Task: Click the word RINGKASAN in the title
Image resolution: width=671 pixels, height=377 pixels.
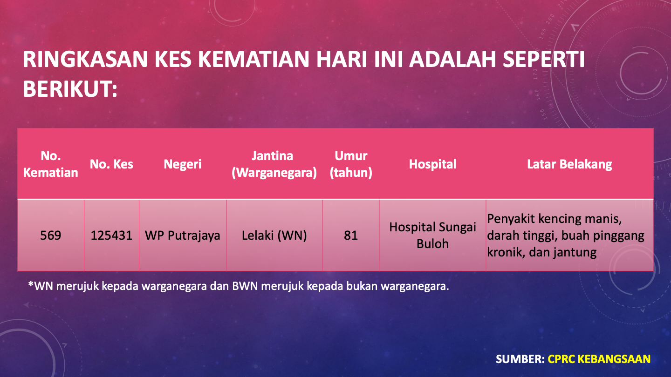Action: click(85, 59)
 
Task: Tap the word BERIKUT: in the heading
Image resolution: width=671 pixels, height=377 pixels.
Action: click(70, 89)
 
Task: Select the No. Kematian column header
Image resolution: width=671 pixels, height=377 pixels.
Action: click(51, 164)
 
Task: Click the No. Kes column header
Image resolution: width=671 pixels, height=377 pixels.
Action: click(111, 164)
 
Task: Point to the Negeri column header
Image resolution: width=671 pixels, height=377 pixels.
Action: click(183, 164)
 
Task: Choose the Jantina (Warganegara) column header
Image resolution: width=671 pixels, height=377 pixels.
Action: click(274, 164)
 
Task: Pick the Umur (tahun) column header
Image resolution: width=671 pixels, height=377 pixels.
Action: click(351, 164)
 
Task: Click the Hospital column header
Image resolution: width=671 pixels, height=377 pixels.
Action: click(432, 164)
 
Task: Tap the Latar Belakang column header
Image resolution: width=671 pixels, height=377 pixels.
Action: click(569, 164)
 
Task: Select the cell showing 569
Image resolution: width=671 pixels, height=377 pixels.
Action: click(51, 236)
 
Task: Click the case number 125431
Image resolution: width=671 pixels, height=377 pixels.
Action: click(111, 236)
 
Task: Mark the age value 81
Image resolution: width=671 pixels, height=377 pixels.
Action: click(351, 236)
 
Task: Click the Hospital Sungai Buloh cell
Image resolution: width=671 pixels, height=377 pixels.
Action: click(432, 236)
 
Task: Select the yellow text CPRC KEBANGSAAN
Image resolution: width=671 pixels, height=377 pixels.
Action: click(599, 359)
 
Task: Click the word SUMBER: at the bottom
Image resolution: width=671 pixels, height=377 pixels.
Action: click(520, 359)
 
